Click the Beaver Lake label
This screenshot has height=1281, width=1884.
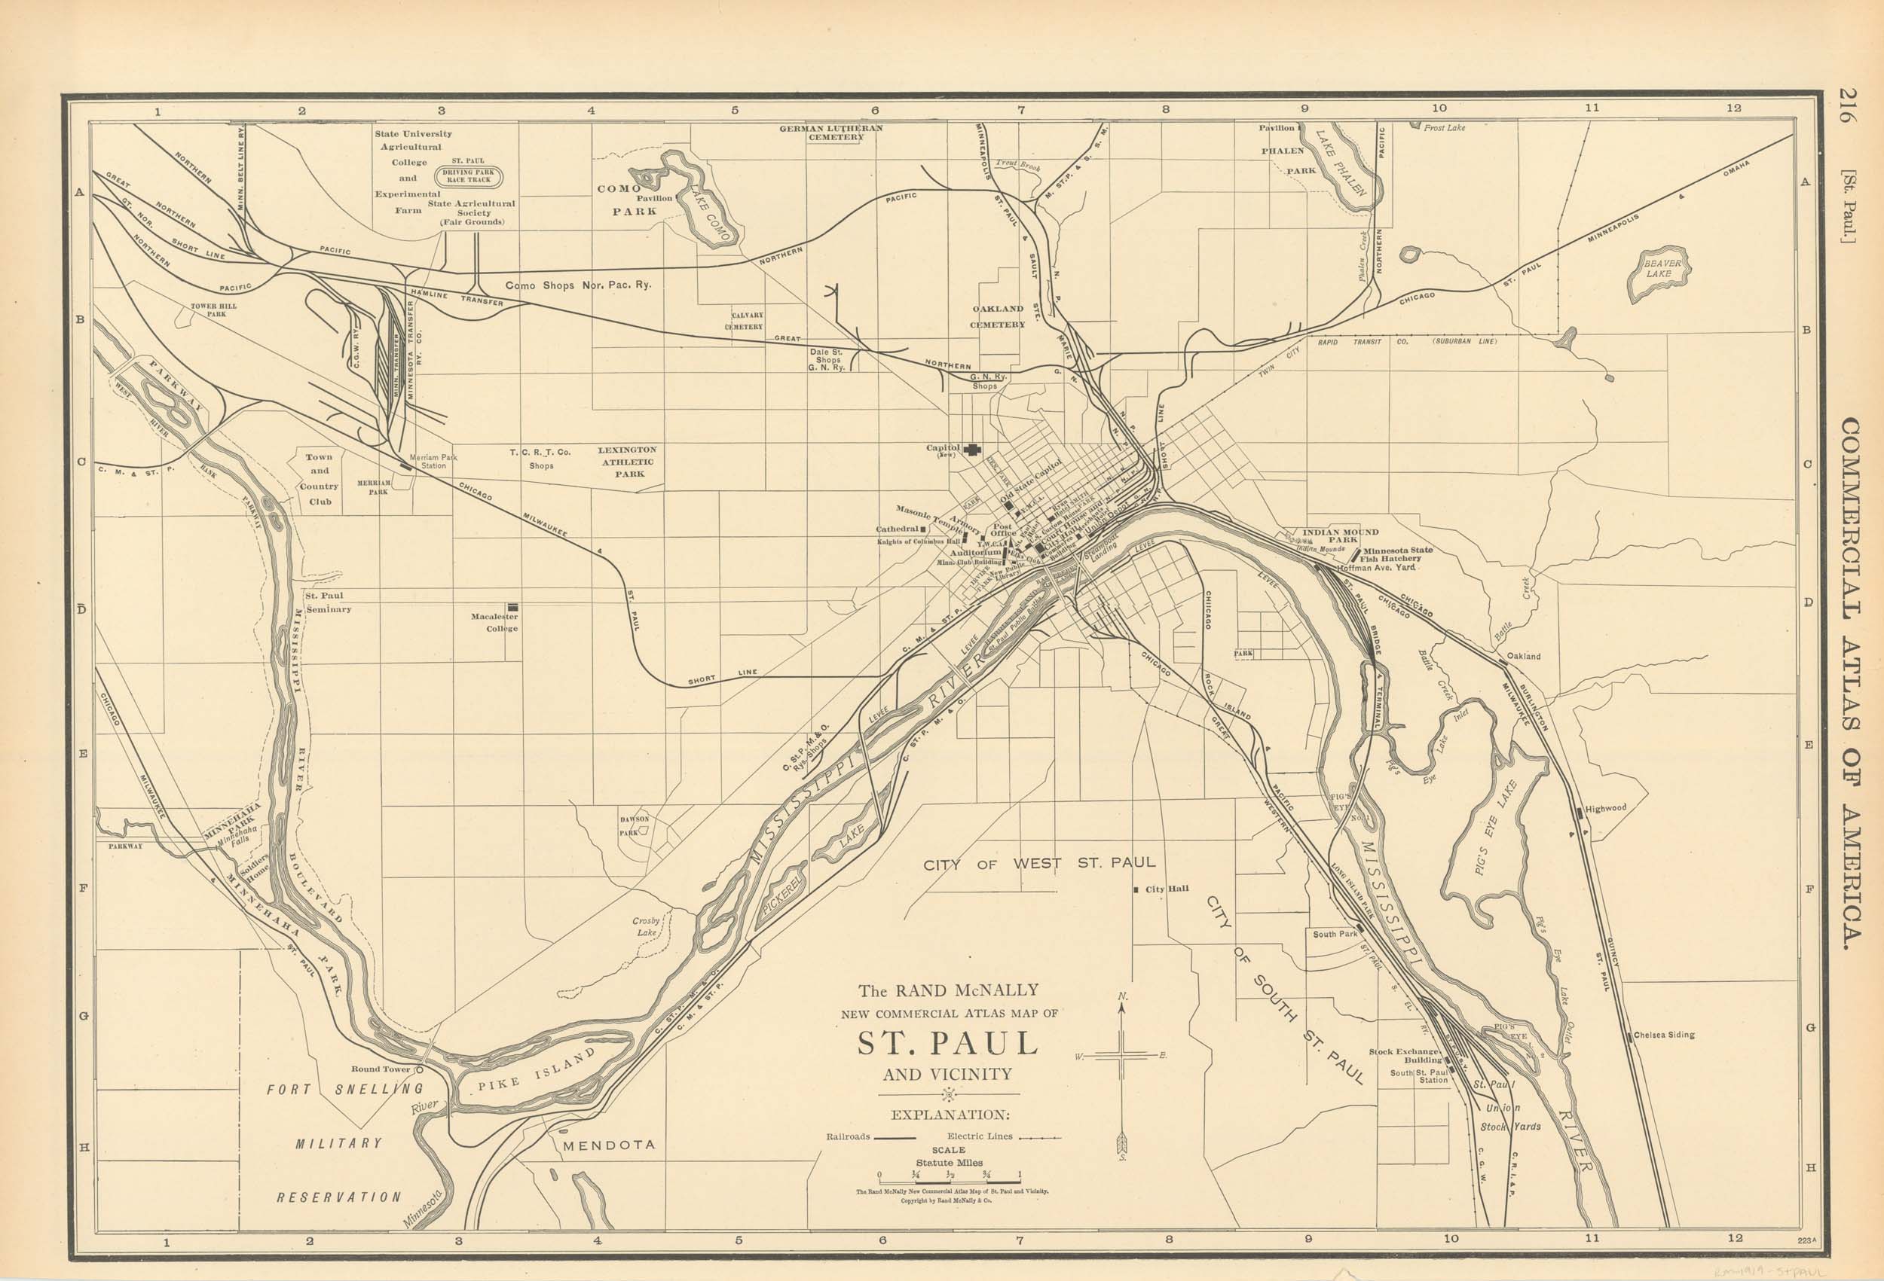pyautogui.click(x=1662, y=268)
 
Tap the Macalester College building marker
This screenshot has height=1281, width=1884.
pyautogui.click(x=513, y=606)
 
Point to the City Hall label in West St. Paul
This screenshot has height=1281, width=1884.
pyautogui.click(x=1166, y=889)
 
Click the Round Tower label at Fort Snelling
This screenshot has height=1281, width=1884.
pyautogui.click(x=381, y=1069)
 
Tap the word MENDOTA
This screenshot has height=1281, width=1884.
pyautogui.click(x=608, y=1145)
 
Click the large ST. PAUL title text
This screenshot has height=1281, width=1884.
pyautogui.click(x=948, y=1043)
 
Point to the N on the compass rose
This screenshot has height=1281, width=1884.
pyautogui.click(x=1121, y=996)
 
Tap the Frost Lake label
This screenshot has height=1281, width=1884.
pyautogui.click(x=1444, y=128)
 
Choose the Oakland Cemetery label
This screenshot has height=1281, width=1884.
pyautogui.click(x=998, y=316)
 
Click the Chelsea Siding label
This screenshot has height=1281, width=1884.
pyautogui.click(x=1662, y=1035)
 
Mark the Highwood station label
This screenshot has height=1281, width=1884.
pyautogui.click(x=1605, y=808)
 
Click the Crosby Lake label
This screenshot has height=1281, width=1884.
pyautogui.click(x=646, y=927)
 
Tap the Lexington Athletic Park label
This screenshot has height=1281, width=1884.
pyautogui.click(x=628, y=462)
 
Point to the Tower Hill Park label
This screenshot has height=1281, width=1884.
pyautogui.click(x=214, y=310)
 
